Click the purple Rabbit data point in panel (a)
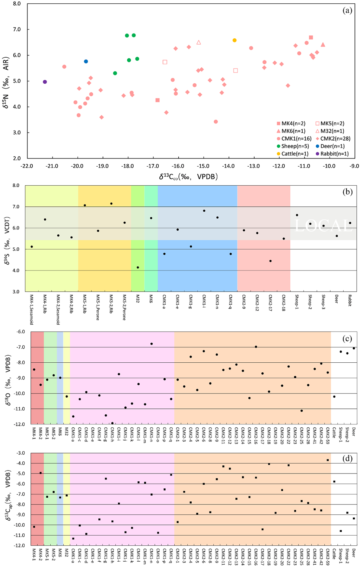[x=45, y=82]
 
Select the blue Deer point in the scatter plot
[x=86, y=61]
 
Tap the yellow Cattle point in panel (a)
[x=235, y=40]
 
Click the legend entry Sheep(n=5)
[x=295, y=146]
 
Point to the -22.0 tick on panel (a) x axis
[x=27, y=166]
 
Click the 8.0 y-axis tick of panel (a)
[x=16, y=4]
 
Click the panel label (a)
[x=347, y=10]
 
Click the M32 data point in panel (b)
[x=138, y=267]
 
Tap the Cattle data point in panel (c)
[x=334, y=397]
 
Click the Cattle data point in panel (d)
[x=334, y=482]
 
